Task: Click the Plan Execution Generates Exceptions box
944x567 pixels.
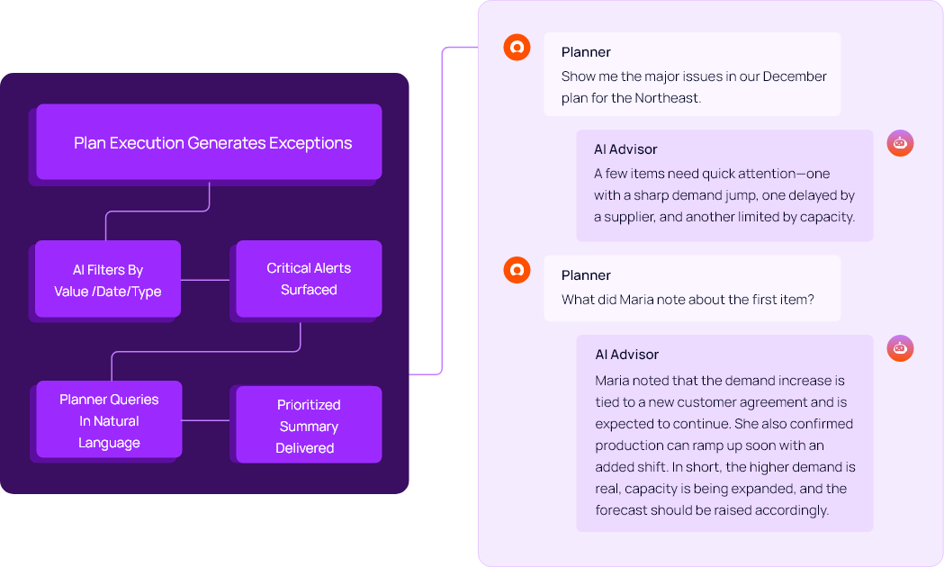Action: tap(209, 142)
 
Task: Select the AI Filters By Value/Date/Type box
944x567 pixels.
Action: tap(108, 279)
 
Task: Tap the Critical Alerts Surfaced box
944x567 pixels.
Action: tap(309, 279)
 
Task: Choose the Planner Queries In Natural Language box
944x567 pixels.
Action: tap(109, 420)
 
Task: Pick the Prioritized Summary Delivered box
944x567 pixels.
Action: tap(309, 426)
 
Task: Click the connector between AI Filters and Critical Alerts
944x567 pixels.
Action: tap(208, 280)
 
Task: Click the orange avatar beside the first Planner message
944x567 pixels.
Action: tap(517, 48)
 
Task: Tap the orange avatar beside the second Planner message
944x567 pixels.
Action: tap(517, 269)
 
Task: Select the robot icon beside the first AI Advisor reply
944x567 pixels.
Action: tap(900, 143)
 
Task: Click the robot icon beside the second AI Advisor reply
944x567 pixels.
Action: tap(900, 348)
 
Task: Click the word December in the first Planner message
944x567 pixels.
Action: tap(795, 76)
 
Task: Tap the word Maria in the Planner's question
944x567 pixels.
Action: tap(637, 300)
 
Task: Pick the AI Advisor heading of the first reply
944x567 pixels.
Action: tap(625, 149)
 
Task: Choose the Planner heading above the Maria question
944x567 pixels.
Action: tap(586, 275)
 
